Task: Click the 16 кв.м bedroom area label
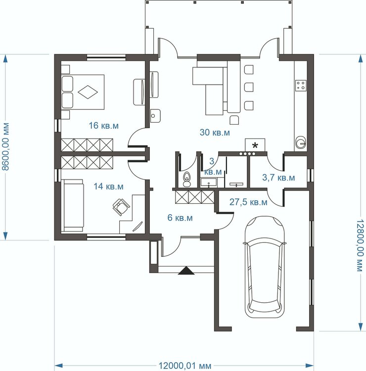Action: (104, 126)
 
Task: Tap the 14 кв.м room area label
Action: (108, 186)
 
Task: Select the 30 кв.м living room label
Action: (215, 133)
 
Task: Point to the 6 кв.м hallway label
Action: (180, 218)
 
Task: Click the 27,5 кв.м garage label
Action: (248, 202)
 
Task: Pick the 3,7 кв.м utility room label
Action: (278, 178)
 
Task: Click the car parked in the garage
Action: (265, 267)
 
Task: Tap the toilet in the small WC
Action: (187, 179)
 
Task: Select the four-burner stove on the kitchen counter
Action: (301, 86)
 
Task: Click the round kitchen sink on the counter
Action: (301, 142)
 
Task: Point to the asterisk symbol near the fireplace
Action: (255, 145)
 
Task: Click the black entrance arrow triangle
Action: (186, 271)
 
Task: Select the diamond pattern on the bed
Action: (88, 92)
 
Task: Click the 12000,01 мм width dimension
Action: (184, 366)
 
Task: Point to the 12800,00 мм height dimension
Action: (361, 245)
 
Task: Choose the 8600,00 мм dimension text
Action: (5, 147)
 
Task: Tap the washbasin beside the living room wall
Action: (155, 116)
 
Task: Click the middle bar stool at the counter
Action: (249, 87)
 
